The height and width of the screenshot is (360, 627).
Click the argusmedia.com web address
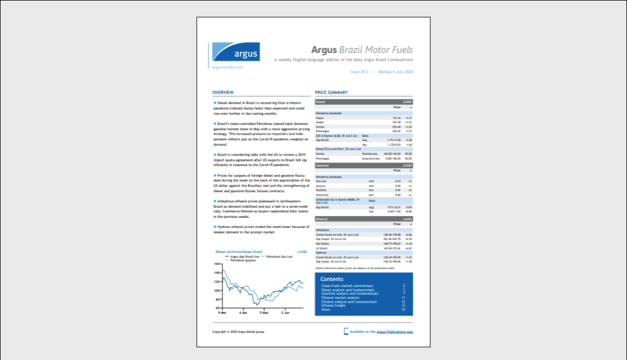227,67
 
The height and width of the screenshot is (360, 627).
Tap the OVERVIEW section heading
223,93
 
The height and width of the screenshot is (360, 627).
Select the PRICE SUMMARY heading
331,93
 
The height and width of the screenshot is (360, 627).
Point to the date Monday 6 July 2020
395,72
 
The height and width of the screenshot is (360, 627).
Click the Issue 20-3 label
360,72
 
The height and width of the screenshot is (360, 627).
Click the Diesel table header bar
364,102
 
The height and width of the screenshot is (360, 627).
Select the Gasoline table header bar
364,166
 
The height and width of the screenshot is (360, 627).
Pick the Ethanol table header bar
364,219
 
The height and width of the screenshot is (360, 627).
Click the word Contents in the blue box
332,279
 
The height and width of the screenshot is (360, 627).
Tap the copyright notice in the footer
238,332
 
